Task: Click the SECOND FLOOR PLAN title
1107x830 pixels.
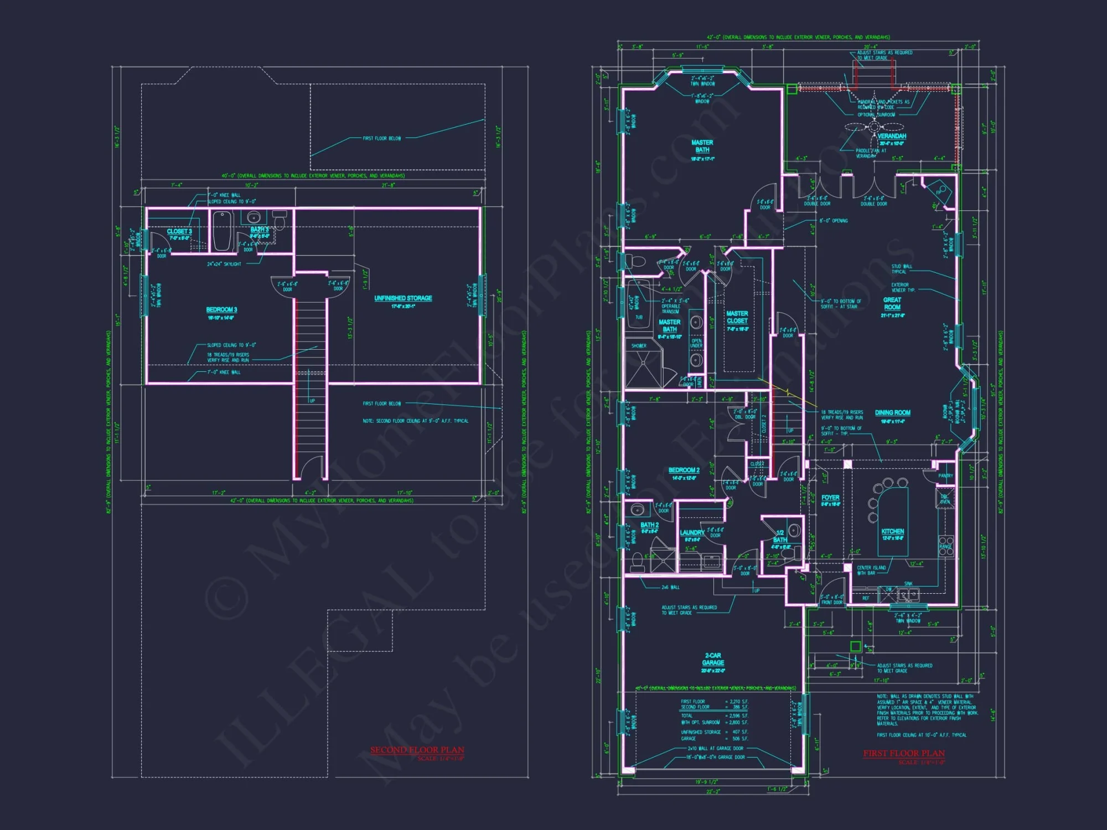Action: tap(417, 750)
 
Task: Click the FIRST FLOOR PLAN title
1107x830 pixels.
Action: tap(904, 753)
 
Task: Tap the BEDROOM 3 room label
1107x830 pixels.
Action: tap(221, 310)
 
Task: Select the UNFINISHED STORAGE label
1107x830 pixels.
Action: tap(403, 298)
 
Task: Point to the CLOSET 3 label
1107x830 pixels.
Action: tap(179, 231)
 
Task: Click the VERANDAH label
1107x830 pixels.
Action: tap(892, 136)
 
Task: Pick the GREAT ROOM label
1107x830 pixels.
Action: tap(892, 303)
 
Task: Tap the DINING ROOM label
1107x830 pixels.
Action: tap(892, 413)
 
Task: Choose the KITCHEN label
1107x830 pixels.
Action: tap(892, 531)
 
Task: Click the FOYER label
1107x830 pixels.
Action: tap(830, 497)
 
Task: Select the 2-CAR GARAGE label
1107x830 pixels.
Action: tap(713, 659)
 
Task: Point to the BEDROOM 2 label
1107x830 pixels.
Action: tap(684, 470)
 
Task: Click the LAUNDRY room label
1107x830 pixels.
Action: tap(692, 532)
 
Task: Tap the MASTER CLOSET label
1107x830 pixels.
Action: tap(737, 317)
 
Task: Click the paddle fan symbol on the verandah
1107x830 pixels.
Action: tap(873, 127)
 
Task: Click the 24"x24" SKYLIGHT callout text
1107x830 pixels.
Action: tap(224, 264)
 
